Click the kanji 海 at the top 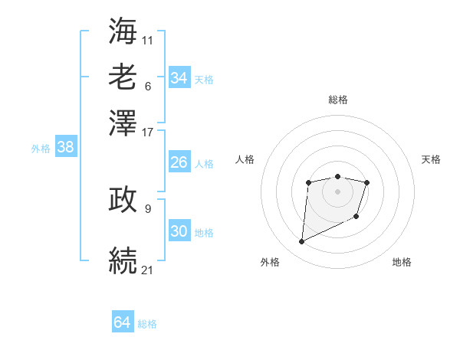pyautogui.click(x=123, y=31)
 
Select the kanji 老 pyautogui.click(x=123, y=77)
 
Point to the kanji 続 pyautogui.click(x=123, y=259)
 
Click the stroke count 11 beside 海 pyautogui.click(x=148, y=38)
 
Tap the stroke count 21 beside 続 pyautogui.click(x=148, y=269)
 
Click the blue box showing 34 pyautogui.click(x=179, y=78)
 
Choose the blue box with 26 pyautogui.click(x=179, y=162)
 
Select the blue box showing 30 pyautogui.click(x=179, y=231)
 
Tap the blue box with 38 pyautogui.click(x=65, y=148)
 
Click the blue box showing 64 pyautogui.click(x=122, y=322)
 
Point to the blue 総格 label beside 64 pyautogui.click(x=147, y=324)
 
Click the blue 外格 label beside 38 pyautogui.click(x=41, y=149)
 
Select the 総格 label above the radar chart pyautogui.click(x=337, y=100)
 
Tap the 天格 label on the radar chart pyautogui.click(x=431, y=159)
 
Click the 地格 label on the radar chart pyautogui.click(x=402, y=262)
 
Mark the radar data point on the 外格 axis pyautogui.click(x=301, y=242)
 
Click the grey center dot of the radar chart pyautogui.click(x=337, y=191)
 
